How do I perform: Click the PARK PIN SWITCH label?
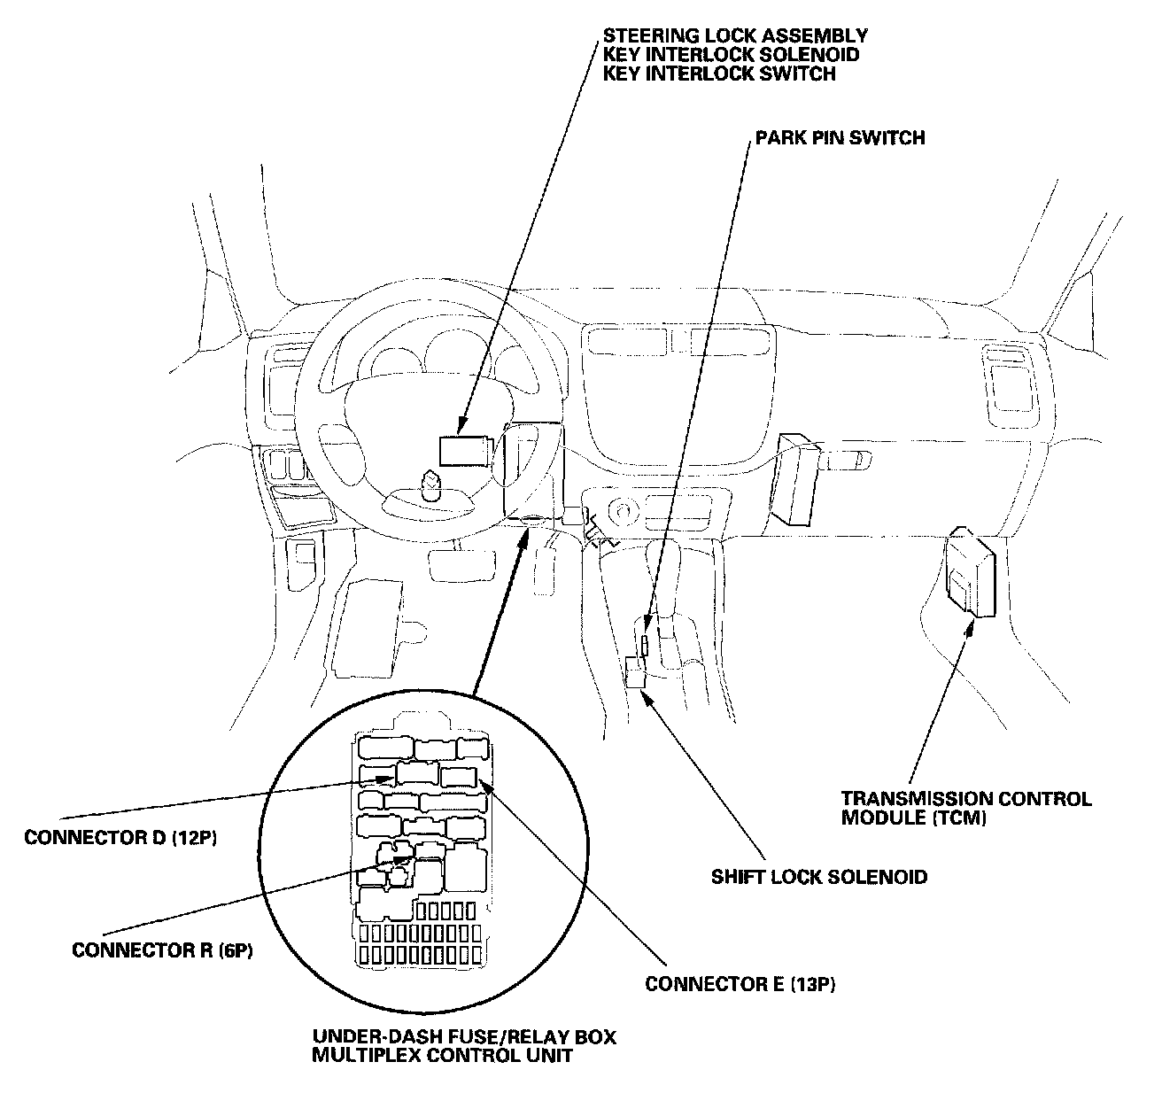840,138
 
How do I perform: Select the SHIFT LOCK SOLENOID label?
819,877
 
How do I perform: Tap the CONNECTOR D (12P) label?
120,837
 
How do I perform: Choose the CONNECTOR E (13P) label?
740,984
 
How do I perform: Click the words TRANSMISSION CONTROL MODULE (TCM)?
966,807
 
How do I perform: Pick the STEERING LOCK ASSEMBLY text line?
735,36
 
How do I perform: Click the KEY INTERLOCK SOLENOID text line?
731,55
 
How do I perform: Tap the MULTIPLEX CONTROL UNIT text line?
442,1056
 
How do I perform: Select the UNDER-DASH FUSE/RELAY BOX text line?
465,1037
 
